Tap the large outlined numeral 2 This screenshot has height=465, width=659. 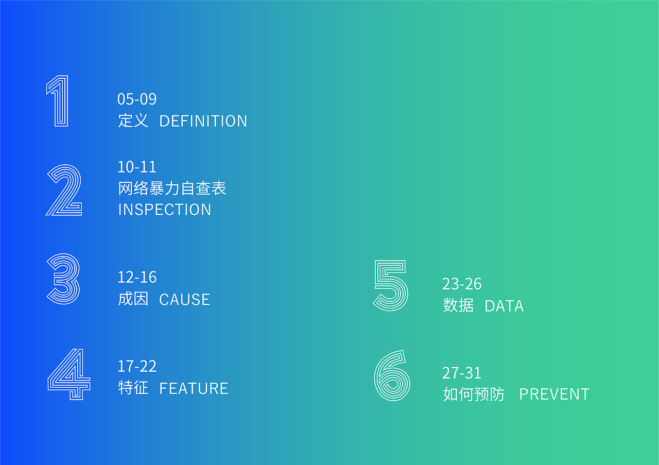point(64,190)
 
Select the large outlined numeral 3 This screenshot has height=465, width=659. point(64,279)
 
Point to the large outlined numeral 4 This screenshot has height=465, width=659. point(68,374)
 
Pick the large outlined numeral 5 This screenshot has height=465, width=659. point(391,285)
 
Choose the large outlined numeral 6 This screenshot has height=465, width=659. point(392,376)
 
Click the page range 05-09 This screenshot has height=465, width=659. point(137,99)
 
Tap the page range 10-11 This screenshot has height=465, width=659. point(137,167)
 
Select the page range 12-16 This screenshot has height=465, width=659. point(137,278)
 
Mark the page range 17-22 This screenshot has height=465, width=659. point(137,367)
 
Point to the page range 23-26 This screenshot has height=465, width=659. point(462,284)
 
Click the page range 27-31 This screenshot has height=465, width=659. point(462,373)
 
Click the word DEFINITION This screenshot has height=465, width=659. point(203,121)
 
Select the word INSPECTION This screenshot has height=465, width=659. point(165,210)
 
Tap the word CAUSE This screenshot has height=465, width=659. point(185,300)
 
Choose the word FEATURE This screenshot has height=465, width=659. point(194,388)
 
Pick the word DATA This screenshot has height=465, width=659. point(504,306)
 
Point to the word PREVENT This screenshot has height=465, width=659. point(554,394)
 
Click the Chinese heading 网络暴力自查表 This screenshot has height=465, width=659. point(172,188)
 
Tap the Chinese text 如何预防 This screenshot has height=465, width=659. point(474,394)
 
